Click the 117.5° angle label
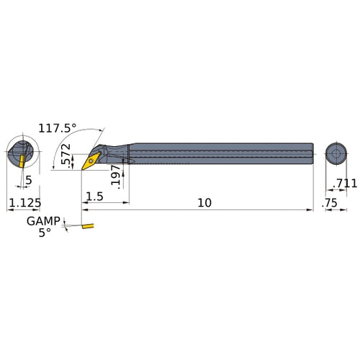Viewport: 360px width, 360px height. (58, 128)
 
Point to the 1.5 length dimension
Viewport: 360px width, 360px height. (94, 197)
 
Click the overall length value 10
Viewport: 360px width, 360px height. (204, 203)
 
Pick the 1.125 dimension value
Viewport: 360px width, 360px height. (25, 203)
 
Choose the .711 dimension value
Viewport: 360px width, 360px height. (345, 184)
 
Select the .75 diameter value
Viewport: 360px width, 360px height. (330, 203)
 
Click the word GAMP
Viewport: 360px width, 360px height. (43, 221)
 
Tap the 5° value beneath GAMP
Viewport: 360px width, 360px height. (45, 233)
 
